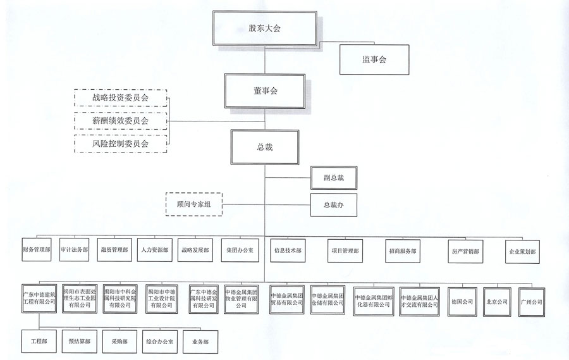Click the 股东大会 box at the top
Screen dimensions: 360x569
tap(264, 28)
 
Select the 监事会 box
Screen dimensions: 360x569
tap(374, 59)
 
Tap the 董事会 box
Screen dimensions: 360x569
tap(264, 90)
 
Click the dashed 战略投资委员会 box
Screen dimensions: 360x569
tap(120, 98)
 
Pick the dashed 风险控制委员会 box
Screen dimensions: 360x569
tap(120, 144)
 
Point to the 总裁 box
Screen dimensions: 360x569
tap(264, 146)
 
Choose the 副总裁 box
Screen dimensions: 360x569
tap(333, 178)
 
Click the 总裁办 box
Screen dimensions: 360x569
tap(333, 205)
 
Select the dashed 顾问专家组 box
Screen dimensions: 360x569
tap(193, 204)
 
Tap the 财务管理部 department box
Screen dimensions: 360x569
tap(36, 250)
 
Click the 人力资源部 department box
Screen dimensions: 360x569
tap(155, 250)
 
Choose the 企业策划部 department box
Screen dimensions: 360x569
tap(523, 251)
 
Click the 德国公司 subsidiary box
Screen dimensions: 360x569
tap(461, 301)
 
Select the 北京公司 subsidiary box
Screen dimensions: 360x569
tap(496, 301)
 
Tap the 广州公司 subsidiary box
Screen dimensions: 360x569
tap(531, 301)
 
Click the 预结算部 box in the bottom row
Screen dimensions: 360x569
tap(80, 341)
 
